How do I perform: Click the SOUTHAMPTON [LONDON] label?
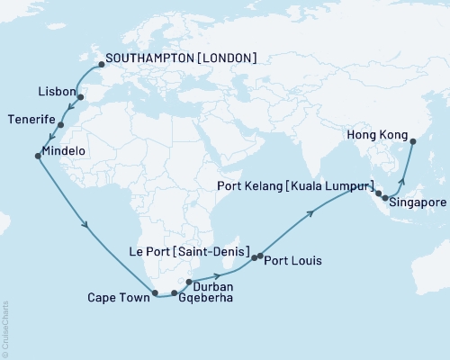(x=181, y=58)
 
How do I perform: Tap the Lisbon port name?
(x=57, y=92)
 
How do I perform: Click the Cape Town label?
(x=119, y=295)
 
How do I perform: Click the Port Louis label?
(x=293, y=261)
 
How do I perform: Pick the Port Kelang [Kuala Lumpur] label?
(x=296, y=185)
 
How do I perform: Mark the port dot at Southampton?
(x=101, y=65)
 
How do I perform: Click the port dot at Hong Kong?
(x=412, y=141)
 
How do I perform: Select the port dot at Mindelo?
(x=37, y=157)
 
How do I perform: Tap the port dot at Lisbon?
(x=80, y=98)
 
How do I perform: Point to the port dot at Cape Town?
(x=156, y=292)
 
